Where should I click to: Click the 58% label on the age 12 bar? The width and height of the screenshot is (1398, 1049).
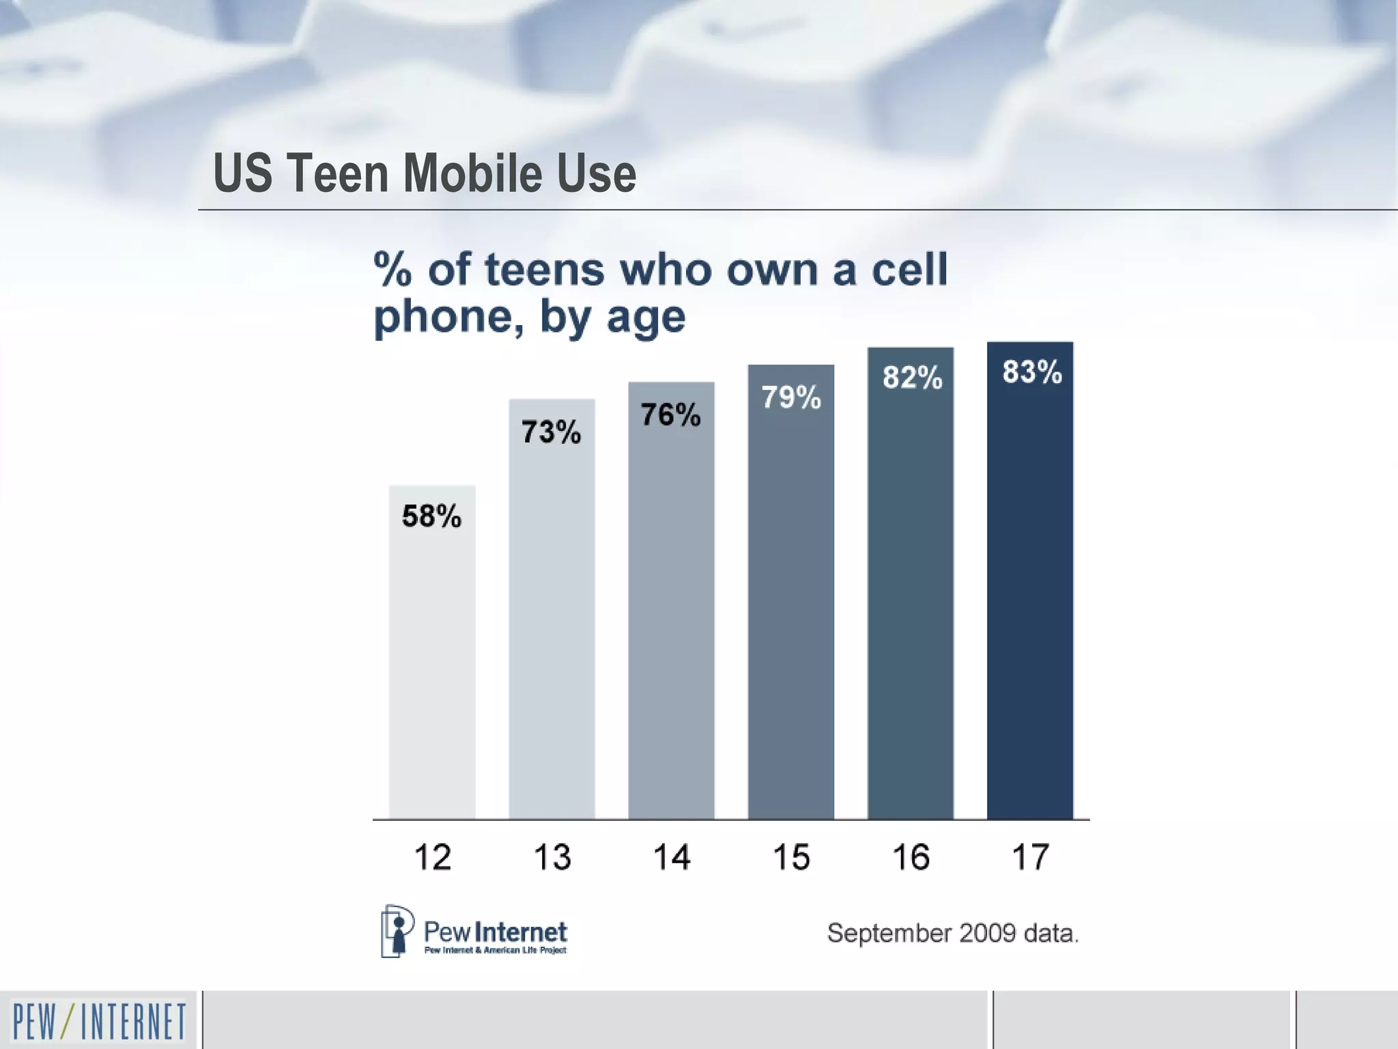pyautogui.click(x=431, y=516)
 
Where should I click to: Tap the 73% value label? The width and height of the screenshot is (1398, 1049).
pyautogui.click(x=551, y=432)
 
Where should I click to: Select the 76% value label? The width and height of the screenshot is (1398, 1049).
pyautogui.click(x=670, y=415)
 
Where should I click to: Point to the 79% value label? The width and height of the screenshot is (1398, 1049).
pyautogui.click(x=790, y=397)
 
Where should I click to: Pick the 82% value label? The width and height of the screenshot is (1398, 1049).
pyautogui.click(x=912, y=377)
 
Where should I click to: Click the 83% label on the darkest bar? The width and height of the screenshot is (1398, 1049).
pyautogui.click(x=1031, y=372)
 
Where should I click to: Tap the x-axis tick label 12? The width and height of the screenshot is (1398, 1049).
pyautogui.click(x=432, y=857)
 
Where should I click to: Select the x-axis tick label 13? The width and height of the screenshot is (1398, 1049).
pyautogui.click(x=552, y=857)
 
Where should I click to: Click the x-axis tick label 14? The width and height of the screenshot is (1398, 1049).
pyautogui.click(x=671, y=857)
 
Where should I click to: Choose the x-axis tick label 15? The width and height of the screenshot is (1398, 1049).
pyautogui.click(x=790, y=857)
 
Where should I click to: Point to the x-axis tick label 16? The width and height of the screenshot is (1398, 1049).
pyautogui.click(x=911, y=857)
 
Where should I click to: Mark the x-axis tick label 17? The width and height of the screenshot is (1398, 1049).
pyautogui.click(x=1029, y=857)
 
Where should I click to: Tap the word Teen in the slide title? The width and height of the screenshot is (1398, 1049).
pyautogui.click(x=337, y=173)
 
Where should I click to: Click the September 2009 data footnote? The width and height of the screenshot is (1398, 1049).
pyautogui.click(x=952, y=933)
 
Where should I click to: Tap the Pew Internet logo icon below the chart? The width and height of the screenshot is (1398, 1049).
pyautogui.click(x=397, y=930)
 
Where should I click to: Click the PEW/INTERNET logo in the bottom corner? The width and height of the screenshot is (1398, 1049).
pyautogui.click(x=99, y=1022)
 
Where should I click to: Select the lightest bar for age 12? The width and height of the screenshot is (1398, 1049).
pyautogui.click(x=432, y=669)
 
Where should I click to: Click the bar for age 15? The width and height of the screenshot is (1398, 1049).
pyautogui.click(x=790, y=615)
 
